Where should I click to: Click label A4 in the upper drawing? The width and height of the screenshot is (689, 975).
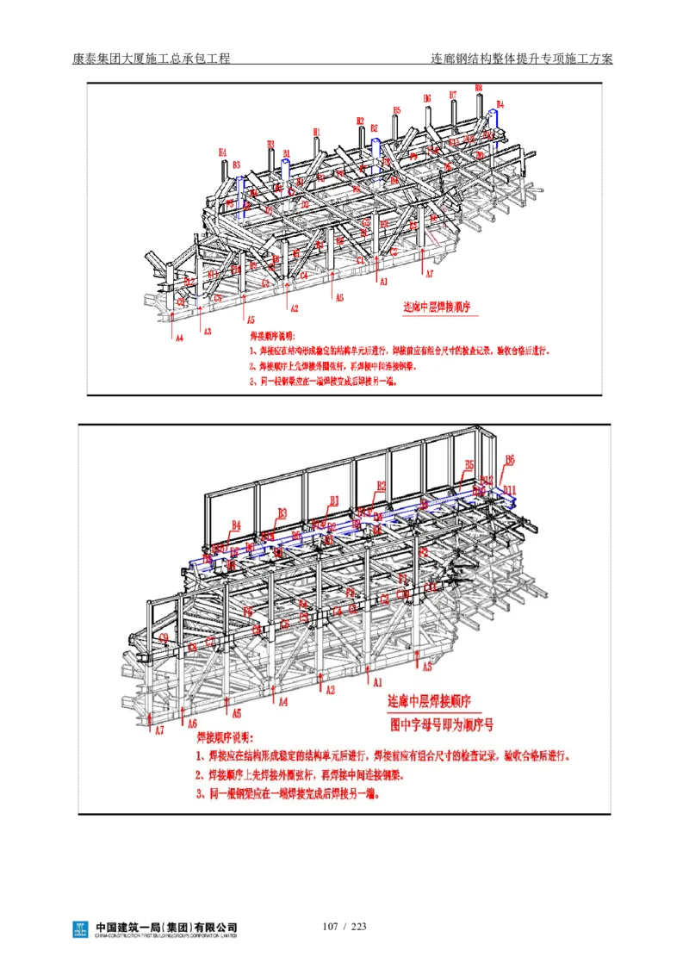point(179,338)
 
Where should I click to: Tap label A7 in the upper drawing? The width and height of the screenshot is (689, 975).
point(429,273)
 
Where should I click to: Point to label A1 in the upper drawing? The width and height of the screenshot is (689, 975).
point(383,281)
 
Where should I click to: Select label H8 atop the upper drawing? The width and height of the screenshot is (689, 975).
point(479,88)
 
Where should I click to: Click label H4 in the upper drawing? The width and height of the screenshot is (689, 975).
point(222,152)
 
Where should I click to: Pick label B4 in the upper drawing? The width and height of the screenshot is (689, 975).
point(500,104)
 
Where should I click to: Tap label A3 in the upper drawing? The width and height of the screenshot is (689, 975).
point(206,331)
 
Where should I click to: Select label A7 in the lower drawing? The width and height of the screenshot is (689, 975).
point(158,730)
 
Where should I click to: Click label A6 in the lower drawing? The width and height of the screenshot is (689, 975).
point(192,723)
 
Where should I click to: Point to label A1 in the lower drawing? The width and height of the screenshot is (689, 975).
point(376,681)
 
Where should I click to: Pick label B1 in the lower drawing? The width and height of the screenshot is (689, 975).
point(334,500)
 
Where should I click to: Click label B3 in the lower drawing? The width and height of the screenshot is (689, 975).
point(282,512)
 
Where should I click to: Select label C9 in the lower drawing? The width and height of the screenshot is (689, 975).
point(164,638)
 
